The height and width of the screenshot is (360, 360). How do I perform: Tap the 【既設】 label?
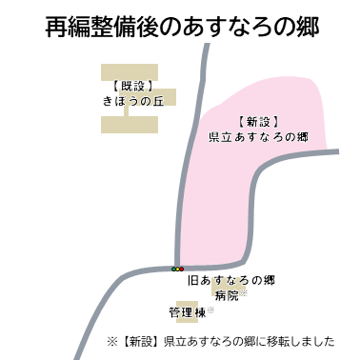coord(128,84)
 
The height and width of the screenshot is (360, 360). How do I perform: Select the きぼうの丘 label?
coord(128,99)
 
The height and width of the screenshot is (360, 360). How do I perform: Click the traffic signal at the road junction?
coord(178,270)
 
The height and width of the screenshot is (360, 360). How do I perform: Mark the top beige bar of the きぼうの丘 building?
coord(129,71)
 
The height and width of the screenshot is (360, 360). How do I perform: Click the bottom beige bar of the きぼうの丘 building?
coord(129,124)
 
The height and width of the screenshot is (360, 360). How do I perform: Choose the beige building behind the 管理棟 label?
coord(187,311)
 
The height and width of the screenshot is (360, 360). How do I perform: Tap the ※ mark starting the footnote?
coord(111,340)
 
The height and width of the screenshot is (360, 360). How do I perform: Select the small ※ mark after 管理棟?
coord(210,309)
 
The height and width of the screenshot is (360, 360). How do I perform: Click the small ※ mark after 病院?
coord(243,293)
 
